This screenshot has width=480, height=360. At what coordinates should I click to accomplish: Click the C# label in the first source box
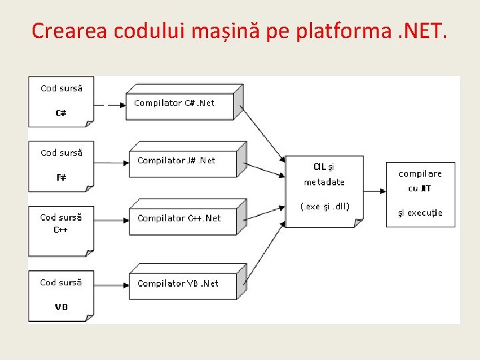tap(61, 113)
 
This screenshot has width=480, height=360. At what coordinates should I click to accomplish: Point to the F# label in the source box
tap(61, 177)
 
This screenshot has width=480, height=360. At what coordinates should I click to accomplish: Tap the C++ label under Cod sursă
tap(61, 230)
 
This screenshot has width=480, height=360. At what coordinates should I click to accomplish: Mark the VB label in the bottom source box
tap(61, 307)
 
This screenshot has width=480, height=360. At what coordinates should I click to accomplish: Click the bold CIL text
tap(319, 166)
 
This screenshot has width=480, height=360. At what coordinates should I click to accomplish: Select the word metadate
tap(324, 182)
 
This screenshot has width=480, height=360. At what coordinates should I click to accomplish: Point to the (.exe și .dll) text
tap(325, 206)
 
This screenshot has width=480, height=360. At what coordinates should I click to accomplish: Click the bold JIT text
tap(425, 189)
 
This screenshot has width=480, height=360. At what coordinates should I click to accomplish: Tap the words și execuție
tap(420, 213)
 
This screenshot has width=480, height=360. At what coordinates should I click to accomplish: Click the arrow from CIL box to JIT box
tap(375, 191)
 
